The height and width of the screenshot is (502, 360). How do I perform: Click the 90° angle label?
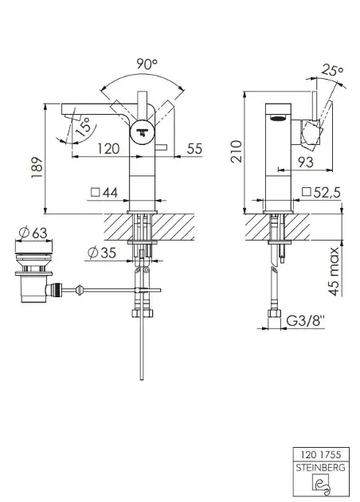click(147, 64)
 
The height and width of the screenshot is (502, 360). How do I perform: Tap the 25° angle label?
click(332, 70)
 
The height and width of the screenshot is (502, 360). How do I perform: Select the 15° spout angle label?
click(84, 127)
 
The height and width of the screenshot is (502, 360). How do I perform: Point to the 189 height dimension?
click(37, 167)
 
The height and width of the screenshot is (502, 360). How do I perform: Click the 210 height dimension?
click(237, 151)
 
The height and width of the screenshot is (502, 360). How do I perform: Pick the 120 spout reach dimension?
click(108, 148)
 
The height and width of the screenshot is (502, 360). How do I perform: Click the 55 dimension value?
click(195, 148)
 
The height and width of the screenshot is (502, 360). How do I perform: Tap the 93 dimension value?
click(306, 162)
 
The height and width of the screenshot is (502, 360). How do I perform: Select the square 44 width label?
click(104, 192)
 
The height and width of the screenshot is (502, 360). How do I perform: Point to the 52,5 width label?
click(321, 192)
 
